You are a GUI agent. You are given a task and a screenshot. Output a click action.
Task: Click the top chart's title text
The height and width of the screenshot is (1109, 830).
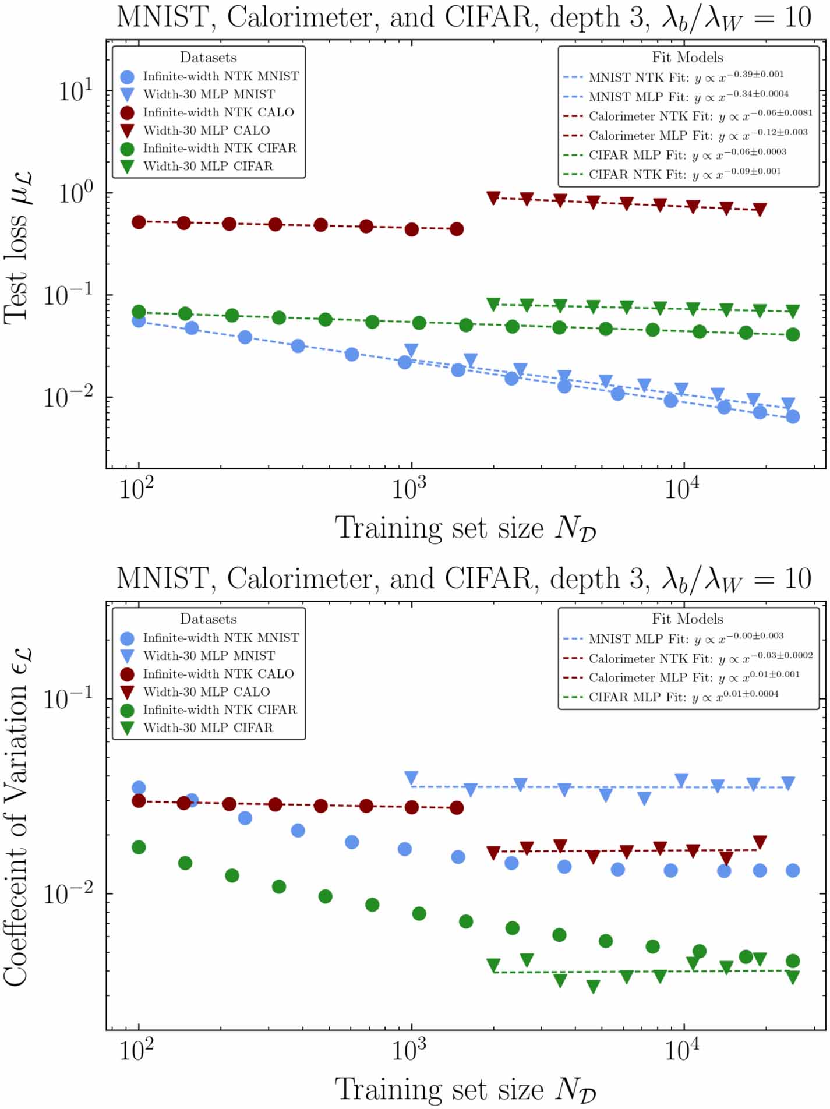464,17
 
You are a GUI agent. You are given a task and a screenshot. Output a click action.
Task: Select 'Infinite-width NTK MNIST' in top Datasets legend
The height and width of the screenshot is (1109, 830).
221,76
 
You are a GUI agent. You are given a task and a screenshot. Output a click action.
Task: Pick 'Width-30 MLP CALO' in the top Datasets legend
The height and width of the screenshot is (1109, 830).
206,130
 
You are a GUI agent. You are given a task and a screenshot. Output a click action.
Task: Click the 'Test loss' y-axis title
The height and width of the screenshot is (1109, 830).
17,247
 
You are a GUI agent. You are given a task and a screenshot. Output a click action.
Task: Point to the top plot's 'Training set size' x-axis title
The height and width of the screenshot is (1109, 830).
465,528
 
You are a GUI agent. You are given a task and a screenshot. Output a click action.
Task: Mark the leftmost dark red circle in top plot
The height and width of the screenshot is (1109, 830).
139,222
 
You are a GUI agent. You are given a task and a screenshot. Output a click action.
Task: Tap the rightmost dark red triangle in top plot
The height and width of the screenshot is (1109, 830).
760,210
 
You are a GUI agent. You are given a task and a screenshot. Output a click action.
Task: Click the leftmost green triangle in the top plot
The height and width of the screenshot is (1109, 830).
493,304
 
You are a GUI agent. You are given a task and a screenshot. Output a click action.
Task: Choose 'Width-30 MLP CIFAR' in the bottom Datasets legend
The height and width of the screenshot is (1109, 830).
208,727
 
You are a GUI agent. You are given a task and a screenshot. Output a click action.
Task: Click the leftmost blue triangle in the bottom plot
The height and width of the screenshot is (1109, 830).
411,778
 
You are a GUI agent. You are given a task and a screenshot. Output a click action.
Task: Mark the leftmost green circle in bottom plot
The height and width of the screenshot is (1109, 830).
139,847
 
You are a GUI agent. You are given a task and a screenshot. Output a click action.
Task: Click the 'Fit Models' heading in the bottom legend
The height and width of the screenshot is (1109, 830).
687,619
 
